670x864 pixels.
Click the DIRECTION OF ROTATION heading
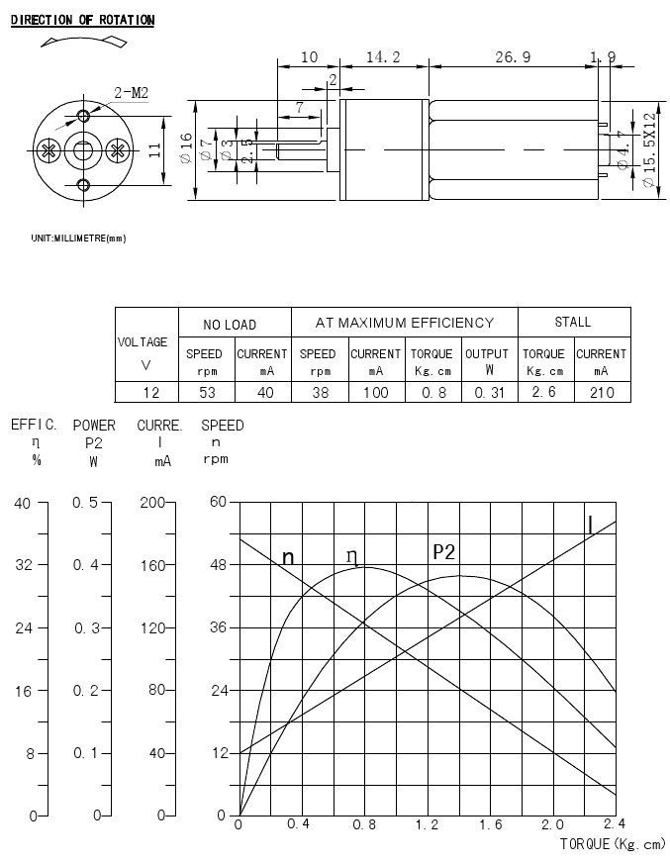[82, 21]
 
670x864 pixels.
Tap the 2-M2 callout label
[132, 93]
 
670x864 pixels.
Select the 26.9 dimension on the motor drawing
[513, 57]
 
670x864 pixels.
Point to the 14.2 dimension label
[383, 57]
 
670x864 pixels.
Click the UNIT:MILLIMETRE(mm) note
[78, 239]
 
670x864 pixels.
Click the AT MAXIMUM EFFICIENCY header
[404, 323]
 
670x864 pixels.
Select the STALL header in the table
[573, 322]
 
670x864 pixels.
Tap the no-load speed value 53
[205, 393]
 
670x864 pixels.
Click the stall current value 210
[601, 393]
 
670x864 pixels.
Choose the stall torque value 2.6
[543, 393]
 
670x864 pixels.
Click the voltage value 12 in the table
[145, 393]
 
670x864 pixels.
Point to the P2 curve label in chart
[444, 552]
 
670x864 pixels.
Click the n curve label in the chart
[288, 558]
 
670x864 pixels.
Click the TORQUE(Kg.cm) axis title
[613, 844]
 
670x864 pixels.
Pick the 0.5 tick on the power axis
[86, 503]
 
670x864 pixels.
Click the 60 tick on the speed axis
[219, 503]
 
